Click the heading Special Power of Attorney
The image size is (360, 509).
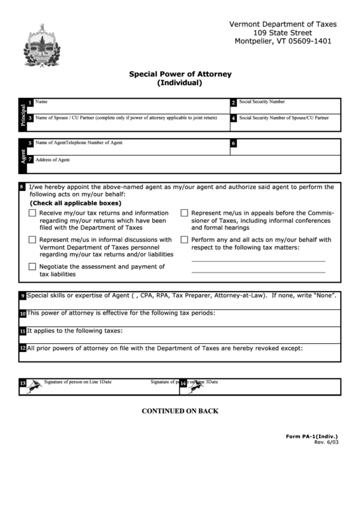(179, 74)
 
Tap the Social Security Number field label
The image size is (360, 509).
(262, 101)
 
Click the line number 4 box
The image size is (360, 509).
(233, 118)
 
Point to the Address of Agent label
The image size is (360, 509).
(52, 160)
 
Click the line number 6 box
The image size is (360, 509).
(233, 144)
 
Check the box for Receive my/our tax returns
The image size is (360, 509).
(33, 213)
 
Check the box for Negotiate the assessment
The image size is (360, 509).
(33, 267)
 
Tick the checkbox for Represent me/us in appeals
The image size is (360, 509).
(184, 213)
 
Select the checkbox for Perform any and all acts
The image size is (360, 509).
(184, 240)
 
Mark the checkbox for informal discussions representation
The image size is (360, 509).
(33, 240)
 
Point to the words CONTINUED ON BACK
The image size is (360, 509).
(179, 410)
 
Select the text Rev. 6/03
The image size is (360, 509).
(326, 442)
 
